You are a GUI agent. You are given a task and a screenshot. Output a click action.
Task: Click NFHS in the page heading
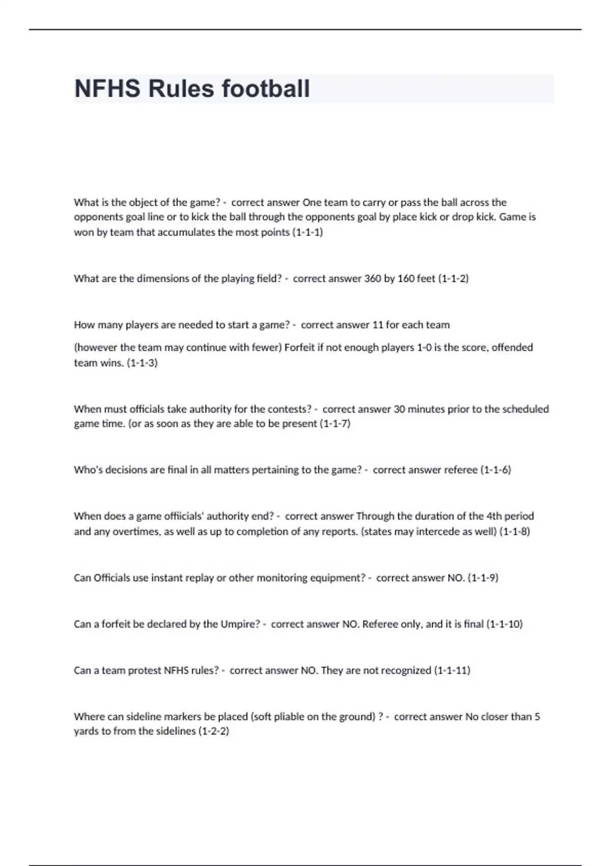pyautogui.click(x=107, y=89)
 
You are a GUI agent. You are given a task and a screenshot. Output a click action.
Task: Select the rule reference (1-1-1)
pyautogui.click(x=308, y=232)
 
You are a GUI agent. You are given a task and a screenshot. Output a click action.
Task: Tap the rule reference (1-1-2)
pyautogui.click(x=453, y=279)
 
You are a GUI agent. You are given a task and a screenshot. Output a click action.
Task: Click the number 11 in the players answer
pyautogui.click(x=377, y=325)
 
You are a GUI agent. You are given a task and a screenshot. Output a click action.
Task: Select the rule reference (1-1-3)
pyautogui.click(x=142, y=363)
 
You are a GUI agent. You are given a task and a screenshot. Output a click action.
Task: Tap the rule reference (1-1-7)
pyautogui.click(x=335, y=424)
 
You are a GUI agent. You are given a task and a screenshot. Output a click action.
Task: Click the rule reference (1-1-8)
pyautogui.click(x=514, y=531)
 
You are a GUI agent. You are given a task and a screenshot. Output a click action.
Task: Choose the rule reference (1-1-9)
pyautogui.click(x=483, y=578)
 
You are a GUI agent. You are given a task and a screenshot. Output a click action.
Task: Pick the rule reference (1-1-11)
pyautogui.click(x=452, y=670)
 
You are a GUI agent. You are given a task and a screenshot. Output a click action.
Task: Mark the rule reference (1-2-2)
pyautogui.click(x=213, y=732)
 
